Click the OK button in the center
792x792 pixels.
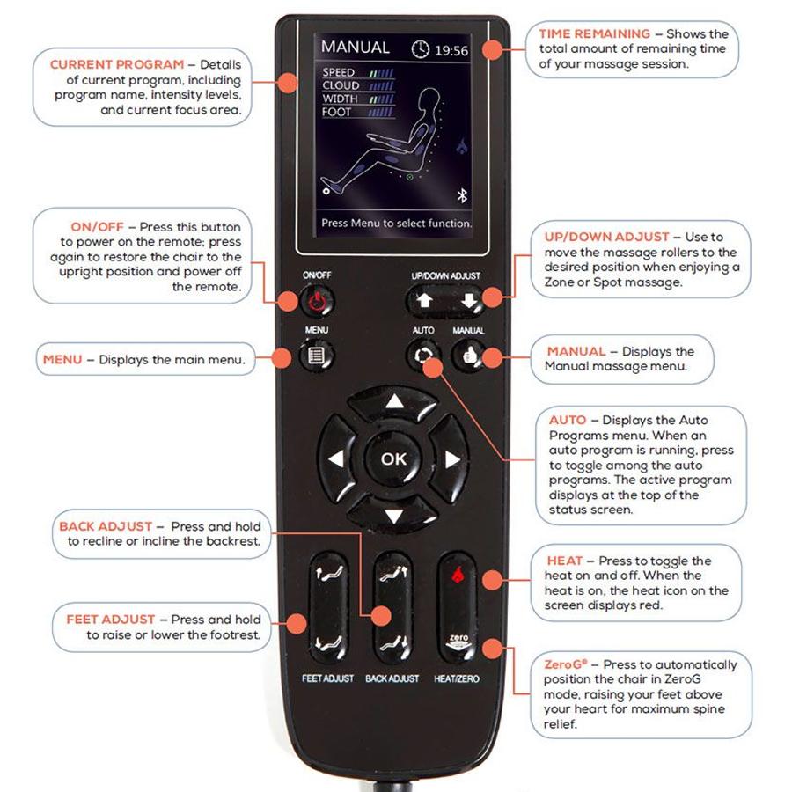point(393,458)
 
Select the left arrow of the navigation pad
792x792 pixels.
point(335,459)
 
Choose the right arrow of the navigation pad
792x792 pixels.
point(451,459)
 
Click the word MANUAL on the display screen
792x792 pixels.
point(355,48)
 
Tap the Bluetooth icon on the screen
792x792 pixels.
point(459,194)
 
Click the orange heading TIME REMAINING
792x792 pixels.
point(595,33)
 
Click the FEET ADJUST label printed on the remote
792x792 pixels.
point(327,678)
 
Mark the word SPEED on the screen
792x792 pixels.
point(339,72)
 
